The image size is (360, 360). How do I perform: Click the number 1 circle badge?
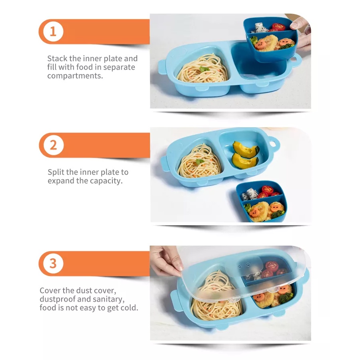[53, 32]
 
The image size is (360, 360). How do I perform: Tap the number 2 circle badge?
[54, 145]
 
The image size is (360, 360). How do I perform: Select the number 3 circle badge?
[53, 263]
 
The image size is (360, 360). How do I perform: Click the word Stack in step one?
[57, 58]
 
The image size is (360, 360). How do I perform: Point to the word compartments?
[75, 76]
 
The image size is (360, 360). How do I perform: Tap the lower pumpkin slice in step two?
[245, 161]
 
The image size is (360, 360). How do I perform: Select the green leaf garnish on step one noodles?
[204, 69]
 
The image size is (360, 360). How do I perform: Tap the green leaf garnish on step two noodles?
[200, 162]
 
